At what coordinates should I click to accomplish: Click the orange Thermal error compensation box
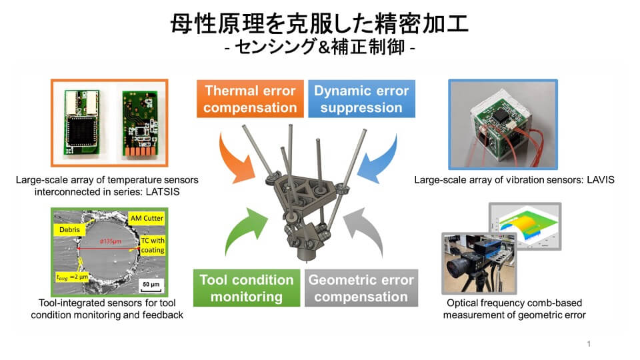[250, 99]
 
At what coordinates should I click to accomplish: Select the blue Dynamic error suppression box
[361, 99]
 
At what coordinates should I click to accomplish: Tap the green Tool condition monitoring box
[247, 288]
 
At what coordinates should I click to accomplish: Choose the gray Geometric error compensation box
[361, 288]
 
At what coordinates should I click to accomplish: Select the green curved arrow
[241, 231]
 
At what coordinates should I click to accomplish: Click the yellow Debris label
[69, 230]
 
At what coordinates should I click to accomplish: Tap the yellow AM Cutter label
[147, 219]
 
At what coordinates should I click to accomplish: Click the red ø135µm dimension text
[111, 241]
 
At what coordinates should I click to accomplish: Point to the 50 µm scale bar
[151, 286]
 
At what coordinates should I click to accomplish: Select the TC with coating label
[153, 245]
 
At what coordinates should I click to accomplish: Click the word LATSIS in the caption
[163, 192]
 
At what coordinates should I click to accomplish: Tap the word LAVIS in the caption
[601, 180]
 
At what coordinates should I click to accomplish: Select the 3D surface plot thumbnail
[525, 226]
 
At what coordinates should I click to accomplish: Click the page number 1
[589, 344]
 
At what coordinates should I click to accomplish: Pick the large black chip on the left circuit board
[81, 131]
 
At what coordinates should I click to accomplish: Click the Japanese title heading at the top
[319, 24]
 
